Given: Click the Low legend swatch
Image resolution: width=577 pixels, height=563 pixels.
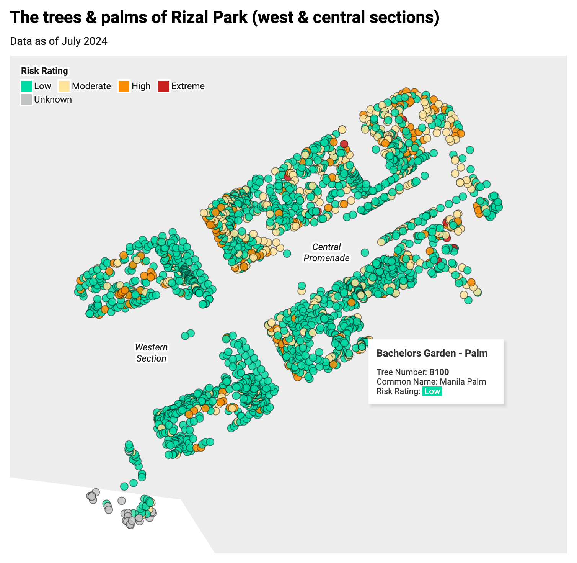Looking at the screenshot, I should pyautogui.click(x=26, y=86).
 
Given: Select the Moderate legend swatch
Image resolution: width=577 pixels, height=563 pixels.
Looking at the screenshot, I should pyautogui.click(x=64, y=86).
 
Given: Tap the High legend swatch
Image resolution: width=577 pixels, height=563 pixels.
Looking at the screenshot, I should pyautogui.click(x=124, y=86).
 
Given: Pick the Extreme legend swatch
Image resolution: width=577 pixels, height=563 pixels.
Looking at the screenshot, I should pyautogui.click(x=163, y=86).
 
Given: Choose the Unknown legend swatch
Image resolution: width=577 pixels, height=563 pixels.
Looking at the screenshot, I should pyautogui.click(x=26, y=100).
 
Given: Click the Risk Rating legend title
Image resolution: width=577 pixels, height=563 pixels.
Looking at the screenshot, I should pyautogui.click(x=44, y=71).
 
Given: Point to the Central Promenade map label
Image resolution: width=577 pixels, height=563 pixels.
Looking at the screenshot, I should pyautogui.click(x=326, y=252).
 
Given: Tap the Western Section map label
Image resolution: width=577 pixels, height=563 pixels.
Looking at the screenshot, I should pyautogui.click(x=151, y=353).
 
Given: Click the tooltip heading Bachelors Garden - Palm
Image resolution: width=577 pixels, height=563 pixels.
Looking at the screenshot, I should pyautogui.click(x=432, y=353).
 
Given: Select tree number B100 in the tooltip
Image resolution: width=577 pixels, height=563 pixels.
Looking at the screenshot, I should pyautogui.click(x=439, y=372).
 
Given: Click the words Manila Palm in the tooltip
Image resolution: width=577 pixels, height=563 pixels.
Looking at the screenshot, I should pyautogui.click(x=463, y=381).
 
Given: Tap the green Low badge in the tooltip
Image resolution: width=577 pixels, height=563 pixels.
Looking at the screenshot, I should pyautogui.click(x=432, y=391).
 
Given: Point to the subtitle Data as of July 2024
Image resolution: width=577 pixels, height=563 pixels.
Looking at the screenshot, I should pyautogui.click(x=59, y=41).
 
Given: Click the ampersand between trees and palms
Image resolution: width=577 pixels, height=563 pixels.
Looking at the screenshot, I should pyautogui.click(x=91, y=17).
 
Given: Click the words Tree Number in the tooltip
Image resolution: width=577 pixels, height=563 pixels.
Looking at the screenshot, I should pyautogui.click(x=401, y=372).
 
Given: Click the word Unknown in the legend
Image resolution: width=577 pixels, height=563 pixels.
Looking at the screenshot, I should pyautogui.click(x=53, y=100).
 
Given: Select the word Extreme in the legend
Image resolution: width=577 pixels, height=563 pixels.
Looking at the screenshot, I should pyautogui.click(x=188, y=86).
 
